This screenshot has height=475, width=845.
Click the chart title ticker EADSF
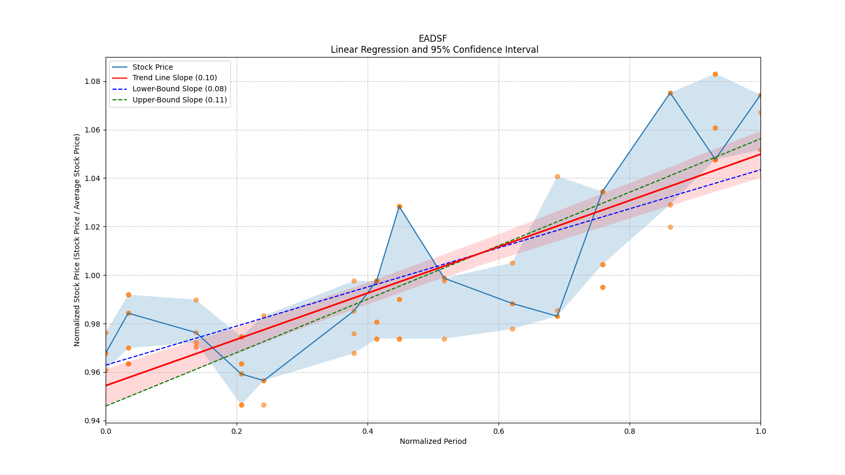coord(433,39)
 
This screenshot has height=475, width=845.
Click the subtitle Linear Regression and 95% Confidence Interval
coord(434,50)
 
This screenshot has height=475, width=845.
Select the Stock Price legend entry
coord(153,67)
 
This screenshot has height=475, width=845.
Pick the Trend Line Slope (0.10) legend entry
coord(174,78)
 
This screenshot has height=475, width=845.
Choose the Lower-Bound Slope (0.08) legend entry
coord(179,89)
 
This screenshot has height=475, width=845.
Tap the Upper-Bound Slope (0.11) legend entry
coord(180,100)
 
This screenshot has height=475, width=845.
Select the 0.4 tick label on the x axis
coord(368,431)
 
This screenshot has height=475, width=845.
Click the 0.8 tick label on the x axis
coord(630,431)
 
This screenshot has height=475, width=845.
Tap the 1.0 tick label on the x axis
coord(760,431)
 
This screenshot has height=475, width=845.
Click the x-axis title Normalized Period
coord(433,441)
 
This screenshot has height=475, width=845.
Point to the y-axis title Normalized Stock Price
coord(77,240)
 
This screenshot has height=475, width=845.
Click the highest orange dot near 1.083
coord(715,74)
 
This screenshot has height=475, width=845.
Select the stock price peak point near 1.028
coord(399,206)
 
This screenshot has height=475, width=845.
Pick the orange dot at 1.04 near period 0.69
coord(557,176)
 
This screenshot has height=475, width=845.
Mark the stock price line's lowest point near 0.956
coord(264,381)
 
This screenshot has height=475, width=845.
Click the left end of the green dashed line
coord(106,406)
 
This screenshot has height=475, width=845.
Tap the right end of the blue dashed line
coord(760,169)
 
